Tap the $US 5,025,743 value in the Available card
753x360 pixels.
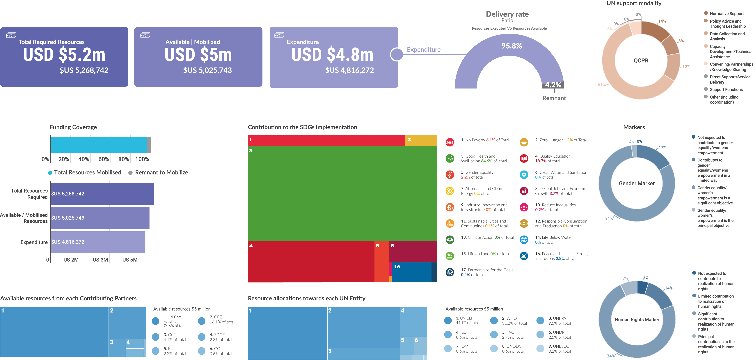207,70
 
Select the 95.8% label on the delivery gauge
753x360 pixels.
512,46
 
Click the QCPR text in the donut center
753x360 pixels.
641,61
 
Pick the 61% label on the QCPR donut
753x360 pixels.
602,84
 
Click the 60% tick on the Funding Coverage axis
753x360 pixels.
104,159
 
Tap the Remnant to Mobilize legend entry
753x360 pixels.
161,172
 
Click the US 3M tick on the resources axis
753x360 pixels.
100,260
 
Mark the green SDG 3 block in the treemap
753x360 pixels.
342,193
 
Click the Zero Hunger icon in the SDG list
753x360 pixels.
524,142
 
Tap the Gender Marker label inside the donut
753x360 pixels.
637,183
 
